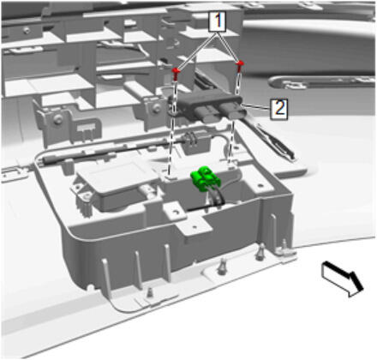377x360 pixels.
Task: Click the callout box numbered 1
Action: [218, 21]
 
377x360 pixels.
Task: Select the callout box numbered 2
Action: [279, 109]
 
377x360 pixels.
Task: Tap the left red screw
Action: [176, 74]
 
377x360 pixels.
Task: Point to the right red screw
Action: [240, 66]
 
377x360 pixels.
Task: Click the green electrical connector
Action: [203, 179]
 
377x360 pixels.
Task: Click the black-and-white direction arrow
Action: [342, 279]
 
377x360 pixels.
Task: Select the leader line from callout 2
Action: [256, 107]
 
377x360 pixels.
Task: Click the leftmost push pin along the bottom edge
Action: [149, 292]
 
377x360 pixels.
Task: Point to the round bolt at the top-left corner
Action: [27, 30]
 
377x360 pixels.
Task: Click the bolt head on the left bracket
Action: [58, 119]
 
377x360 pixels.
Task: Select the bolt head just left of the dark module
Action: [156, 108]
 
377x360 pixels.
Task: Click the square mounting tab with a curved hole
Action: [176, 212]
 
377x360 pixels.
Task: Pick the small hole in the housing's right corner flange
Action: [260, 185]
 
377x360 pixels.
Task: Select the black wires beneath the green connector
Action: [216, 199]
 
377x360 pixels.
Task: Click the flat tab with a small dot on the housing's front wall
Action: [194, 228]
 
